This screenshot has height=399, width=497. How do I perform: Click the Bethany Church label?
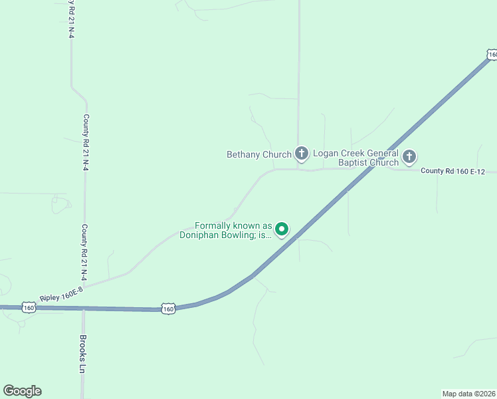pyautogui.click(x=259, y=154)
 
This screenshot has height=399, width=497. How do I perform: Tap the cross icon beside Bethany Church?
pyautogui.click(x=302, y=154)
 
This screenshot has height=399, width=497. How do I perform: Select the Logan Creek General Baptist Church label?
pyautogui.click(x=356, y=158)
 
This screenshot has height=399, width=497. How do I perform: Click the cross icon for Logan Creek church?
pyautogui.click(x=409, y=158)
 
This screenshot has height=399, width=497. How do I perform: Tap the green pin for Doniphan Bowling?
pyautogui.click(x=282, y=230)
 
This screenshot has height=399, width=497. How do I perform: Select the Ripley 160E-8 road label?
pyautogui.click(x=61, y=294)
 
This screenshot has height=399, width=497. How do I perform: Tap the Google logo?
pyautogui.click(x=22, y=391)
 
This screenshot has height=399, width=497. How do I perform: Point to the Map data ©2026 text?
pyautogui.click(x=469, y=393)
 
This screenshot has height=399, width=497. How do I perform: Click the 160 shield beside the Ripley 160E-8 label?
pyautogui.click(x=28, y=307)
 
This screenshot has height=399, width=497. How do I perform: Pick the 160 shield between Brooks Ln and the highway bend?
pyautogui.click(x=168, y=309)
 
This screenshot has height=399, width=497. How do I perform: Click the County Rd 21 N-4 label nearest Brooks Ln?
pyautogui.click(x=84, y=252)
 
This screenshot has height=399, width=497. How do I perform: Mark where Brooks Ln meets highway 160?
pyautogui.click(x=83, y=309)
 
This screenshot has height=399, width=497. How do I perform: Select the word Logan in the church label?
pyautogui.click(x=326, y=154)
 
